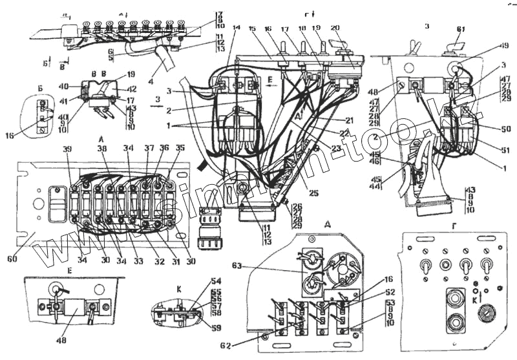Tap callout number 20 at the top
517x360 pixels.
[x=334, y=28]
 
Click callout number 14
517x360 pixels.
[x=235, y=28]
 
